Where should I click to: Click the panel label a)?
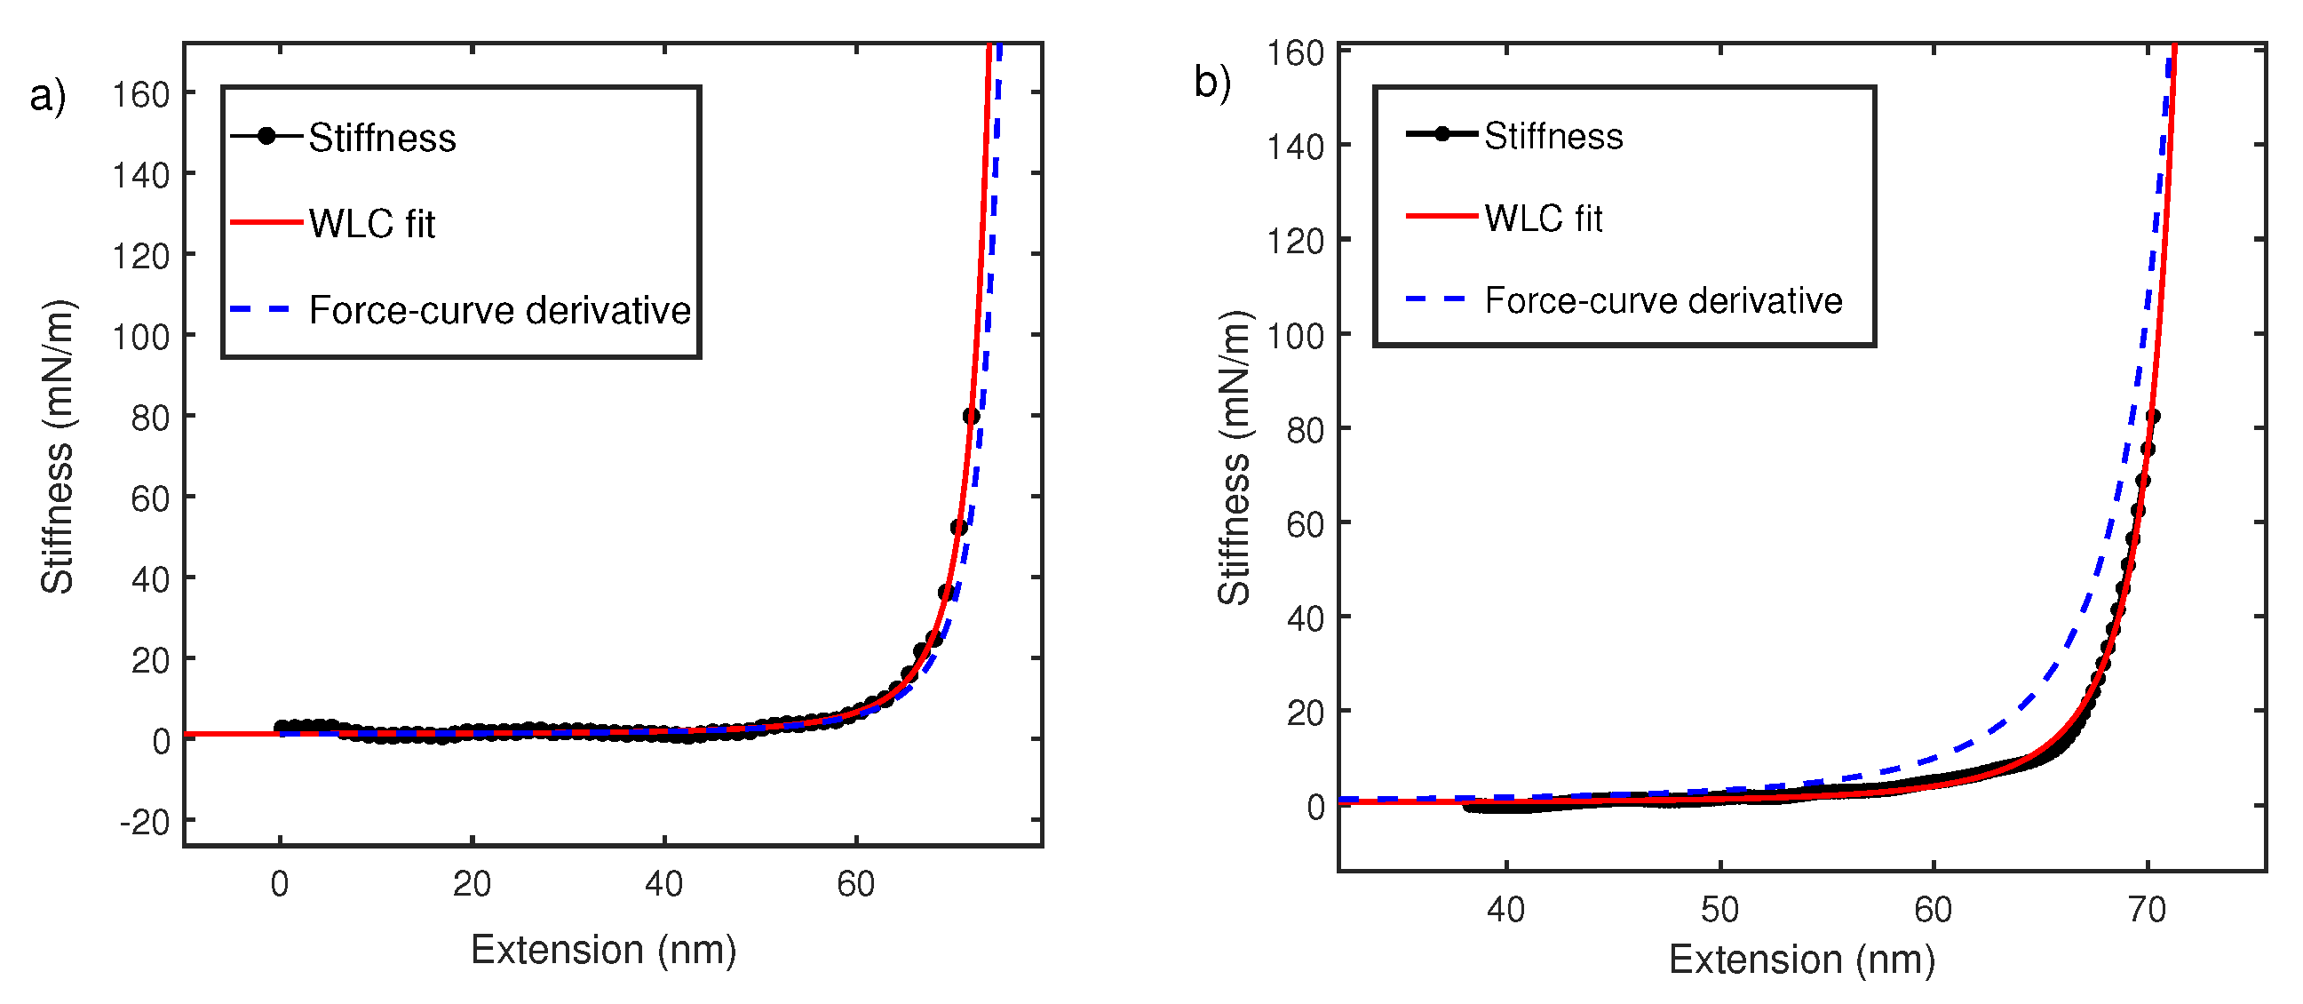[47, 97]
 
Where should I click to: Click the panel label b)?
[1212, 84]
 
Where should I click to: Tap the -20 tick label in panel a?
[145, 822]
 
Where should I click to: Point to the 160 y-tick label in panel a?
[140, 94]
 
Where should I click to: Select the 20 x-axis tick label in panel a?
[471, 884]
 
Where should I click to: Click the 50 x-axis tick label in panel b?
[1719, 910]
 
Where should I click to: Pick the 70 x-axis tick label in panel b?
[2147, 910]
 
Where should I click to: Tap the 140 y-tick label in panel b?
[1295, 146]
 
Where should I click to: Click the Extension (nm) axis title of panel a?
[603, 950]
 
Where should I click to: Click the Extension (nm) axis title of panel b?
[1801, 960]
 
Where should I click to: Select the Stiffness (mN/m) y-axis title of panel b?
[1235, 458]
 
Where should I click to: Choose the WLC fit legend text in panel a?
[372, 224]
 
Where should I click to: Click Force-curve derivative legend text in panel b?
[1663, 300]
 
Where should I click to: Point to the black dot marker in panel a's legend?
[266, 136]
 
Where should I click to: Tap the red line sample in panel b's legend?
[1441, 217]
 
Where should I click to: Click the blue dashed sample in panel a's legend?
[261, 309]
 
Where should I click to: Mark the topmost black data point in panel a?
[971, 416]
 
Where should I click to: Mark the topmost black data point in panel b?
[2152, 416]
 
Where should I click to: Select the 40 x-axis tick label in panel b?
[1505, 910]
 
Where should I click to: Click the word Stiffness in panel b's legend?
[1553, 136]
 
